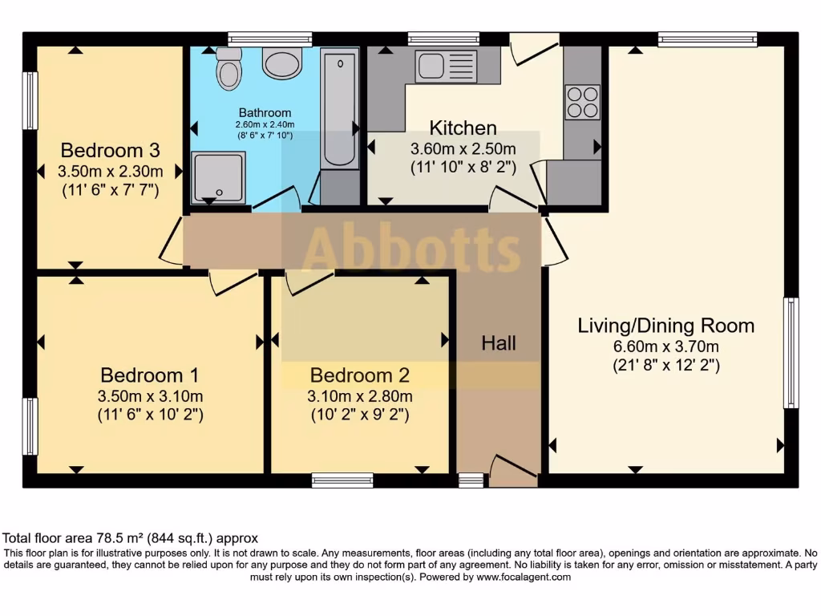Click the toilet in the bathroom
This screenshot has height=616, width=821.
click(x=229, y=69)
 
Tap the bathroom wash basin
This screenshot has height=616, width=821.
click(x=282, y=63)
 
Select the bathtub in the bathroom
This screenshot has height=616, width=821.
click(x=339, y=108)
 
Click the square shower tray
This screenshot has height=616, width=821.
click(x=218, y=177)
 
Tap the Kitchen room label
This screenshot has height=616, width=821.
click(x=463, y=128)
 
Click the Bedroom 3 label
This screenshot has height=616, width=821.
click(x=111, y=150)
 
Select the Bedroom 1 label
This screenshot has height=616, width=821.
click(x=149, y=375)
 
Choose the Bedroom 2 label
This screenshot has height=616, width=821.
click(x=360, y=375)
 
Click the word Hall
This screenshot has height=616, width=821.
click(x=499, y=343)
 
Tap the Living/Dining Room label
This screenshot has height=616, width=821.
click(x=666, y=326)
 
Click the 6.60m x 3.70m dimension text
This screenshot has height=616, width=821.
click(x=666, y=346)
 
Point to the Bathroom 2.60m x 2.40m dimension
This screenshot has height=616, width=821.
click(x=265, y=125)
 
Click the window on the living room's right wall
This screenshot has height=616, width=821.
click(x=791, y=353)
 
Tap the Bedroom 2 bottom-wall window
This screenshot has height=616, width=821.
click(x=342, y=480)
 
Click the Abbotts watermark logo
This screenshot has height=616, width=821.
click(x=410, y=249)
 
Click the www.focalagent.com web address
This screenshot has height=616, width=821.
click(x=524, y=577)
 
